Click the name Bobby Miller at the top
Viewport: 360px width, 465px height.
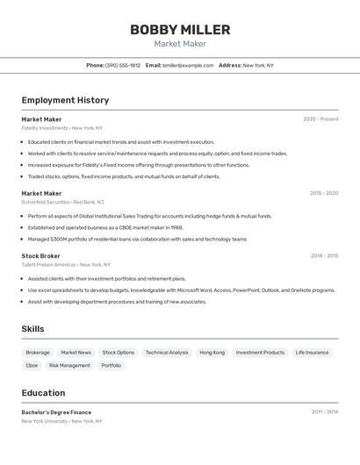pos(180,30)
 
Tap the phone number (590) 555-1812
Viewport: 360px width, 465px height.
pos(123,65)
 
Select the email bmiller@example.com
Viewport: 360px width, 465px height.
pos(188,65)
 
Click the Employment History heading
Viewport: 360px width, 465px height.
pos(65,100)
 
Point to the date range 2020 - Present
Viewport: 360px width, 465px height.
pos(320,119)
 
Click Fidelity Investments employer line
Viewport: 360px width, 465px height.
pos(62,128)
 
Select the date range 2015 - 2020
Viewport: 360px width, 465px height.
pos(323,193)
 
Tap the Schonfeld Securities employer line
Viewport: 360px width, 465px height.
pos(63,202)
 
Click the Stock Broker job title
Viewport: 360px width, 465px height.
pos(41,255)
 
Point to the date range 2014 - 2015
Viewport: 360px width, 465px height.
pos(324,256)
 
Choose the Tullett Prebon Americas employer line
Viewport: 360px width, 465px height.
pos(66,264)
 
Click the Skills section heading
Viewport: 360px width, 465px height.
pos(33,329)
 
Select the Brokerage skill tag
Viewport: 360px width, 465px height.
pos(38,353)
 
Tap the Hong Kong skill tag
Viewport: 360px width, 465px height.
pos(212,353)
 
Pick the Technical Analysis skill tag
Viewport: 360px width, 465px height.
pos(167,353)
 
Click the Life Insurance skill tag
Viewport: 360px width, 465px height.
pos(312,353)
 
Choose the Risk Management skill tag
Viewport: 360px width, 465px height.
pos(69,365)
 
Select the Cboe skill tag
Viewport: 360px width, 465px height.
pos(32,365)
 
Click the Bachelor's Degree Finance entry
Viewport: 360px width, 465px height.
pos(56,411)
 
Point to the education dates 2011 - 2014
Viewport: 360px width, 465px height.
pos(324,411)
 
